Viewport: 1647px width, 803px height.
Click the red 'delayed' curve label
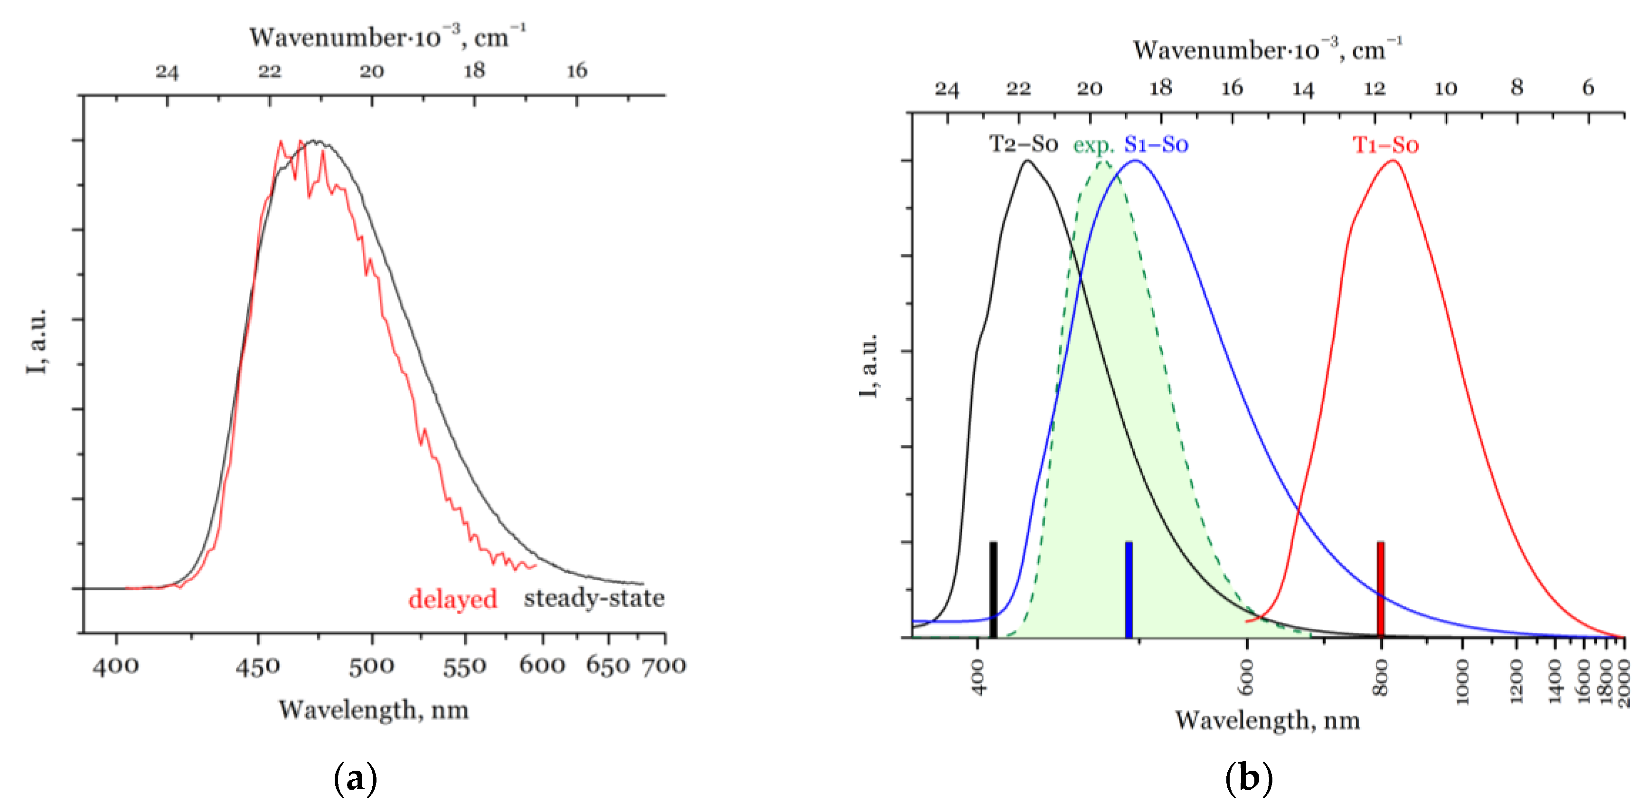[x=452, y=599]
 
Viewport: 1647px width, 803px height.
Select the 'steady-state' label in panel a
[x=594, y=598]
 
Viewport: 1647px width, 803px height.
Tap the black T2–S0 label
[x=1024, y=144]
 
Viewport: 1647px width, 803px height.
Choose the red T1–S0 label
[x=1385, y=145]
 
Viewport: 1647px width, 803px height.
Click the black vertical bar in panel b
[x=993, y=589]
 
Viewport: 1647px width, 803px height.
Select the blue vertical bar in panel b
[x=1129, y=589]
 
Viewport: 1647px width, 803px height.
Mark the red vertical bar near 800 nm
[x=1380, y=589]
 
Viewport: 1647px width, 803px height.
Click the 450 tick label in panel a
[x=258, y=667]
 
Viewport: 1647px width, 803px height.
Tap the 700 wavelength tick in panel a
[x=664, y=666]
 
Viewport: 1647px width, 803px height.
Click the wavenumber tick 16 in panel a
[x=577, y=70]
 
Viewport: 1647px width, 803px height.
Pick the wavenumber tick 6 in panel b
[x=1588, y=87]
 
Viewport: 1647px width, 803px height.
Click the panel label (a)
[x=356, y=777]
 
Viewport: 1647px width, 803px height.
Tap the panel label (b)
[x=1249, y=777]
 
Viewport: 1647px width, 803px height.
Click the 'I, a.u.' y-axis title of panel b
[x=868, y=365]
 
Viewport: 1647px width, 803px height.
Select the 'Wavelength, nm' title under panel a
[x=373, y=709]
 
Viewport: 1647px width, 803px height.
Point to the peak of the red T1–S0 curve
[x=1393, y=161]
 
